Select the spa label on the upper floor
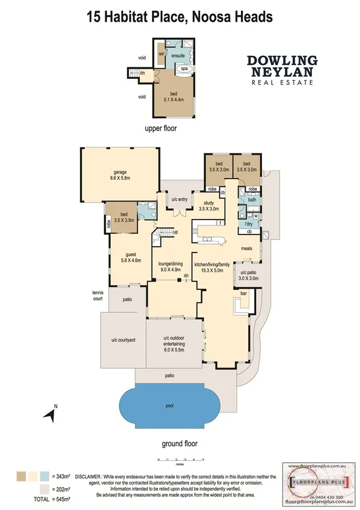coord(183,69)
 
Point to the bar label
coord(243,293)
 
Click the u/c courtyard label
coord(123,340)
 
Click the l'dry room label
coord(248,223)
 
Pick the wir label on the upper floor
coord(162,54)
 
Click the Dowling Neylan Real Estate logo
coord(281,70)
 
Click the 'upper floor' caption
coord(161,128)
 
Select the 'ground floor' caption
coord(178,443)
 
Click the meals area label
coord(246,248)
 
